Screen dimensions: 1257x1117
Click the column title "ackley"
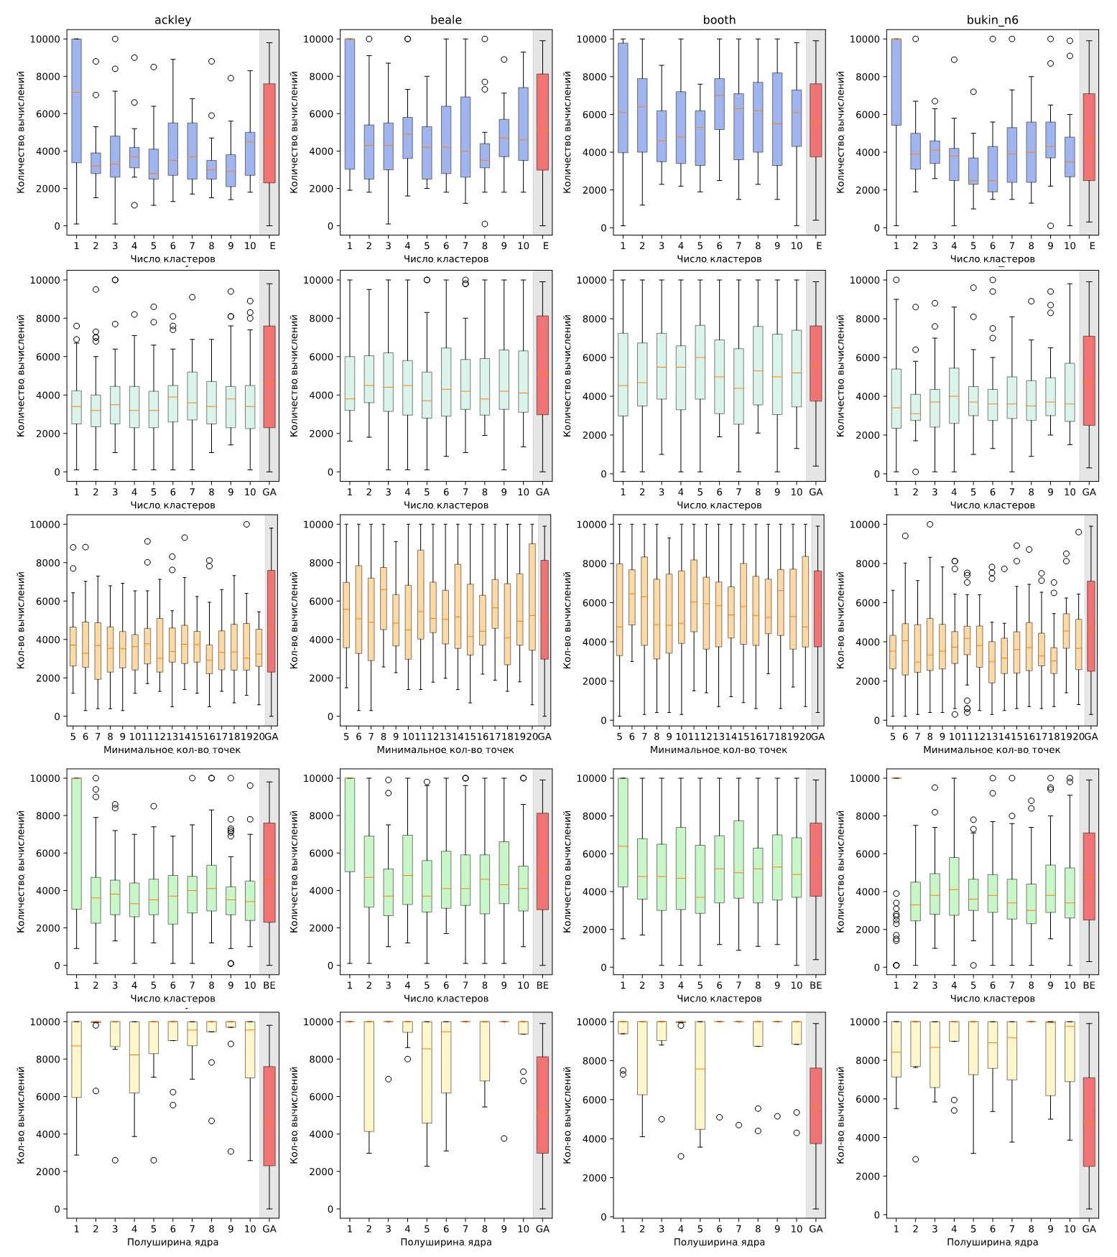pyautogui.click(x=172, y=19)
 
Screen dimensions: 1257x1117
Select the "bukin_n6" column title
pyautogui.click(x=992, y=19)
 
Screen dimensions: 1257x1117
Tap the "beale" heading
pyautogui.click(x=445, y=19)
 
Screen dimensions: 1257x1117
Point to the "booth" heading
pyautogui.click(x=719, y=19)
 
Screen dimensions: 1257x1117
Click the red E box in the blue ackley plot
pyautogui.click(x=269, y=133)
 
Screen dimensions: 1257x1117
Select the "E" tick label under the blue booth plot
pyautogui.click(x=816, y=246)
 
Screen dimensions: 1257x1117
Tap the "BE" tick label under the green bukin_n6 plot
pyautogui.click(x=1089, y=986)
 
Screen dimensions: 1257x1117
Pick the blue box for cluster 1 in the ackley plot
pyautogui.click(x=76, y=101)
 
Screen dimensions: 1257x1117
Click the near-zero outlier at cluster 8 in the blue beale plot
pyautogui.click(x=484, y=224)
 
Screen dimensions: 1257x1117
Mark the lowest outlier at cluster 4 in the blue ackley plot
pyautogui.click(x=134, y=205)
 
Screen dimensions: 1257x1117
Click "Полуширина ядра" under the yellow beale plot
pyautogui.click(x=445, y=1242)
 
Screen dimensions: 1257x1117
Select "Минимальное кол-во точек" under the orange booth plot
pyautogui.click(x=718, y=749)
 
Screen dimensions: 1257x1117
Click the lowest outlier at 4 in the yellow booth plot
pyautogui.click(x=680, y=1156)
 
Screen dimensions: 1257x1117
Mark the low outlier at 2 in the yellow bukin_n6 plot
pyautogui.click(x=915, y=1159)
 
